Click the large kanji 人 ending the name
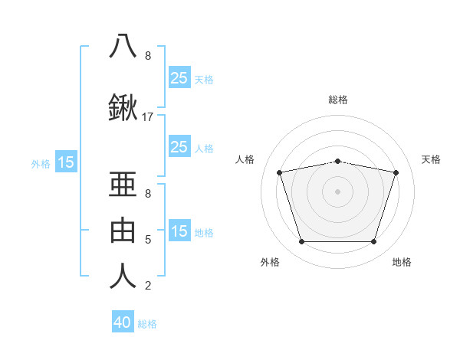pos(123,276)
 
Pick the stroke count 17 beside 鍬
pos(148,117)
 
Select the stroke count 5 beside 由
pos(148,240)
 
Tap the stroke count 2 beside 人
pos(148,286)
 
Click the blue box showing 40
pos(123,322)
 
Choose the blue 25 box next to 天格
pos(179,77)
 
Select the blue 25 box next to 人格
pos(179,147)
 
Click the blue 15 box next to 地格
pos(179,231)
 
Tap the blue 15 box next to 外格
pos(66,162)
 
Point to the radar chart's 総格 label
pos(338,100)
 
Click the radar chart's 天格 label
pos(432,159)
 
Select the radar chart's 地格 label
pos(402,262)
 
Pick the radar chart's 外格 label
pos(270,262)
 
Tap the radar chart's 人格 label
pos(245,159)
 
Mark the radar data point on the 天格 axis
pos(396,172)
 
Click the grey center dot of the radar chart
pos(337,191)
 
